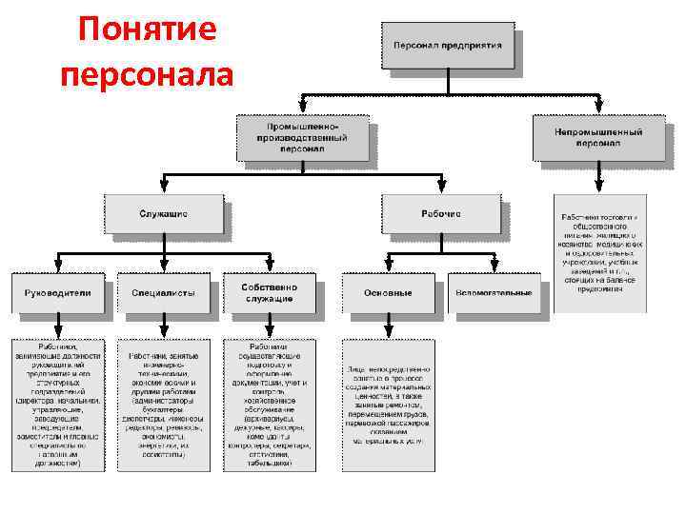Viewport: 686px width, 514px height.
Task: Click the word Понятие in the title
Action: point(148,31)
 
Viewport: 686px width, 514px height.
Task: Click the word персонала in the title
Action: point(147,74)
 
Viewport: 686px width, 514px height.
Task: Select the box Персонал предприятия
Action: point(449,47)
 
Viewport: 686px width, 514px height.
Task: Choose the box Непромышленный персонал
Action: point(597,138)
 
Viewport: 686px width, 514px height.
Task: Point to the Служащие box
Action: point(164,214)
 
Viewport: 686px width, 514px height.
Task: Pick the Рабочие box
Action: point(440,214)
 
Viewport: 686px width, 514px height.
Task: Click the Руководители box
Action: point(58,293)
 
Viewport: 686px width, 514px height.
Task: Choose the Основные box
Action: point(389,293)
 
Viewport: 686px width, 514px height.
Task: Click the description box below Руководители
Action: point(58,405)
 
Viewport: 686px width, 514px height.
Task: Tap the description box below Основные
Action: point(389,405)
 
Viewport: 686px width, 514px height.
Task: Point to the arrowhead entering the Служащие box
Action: point(164,188)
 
